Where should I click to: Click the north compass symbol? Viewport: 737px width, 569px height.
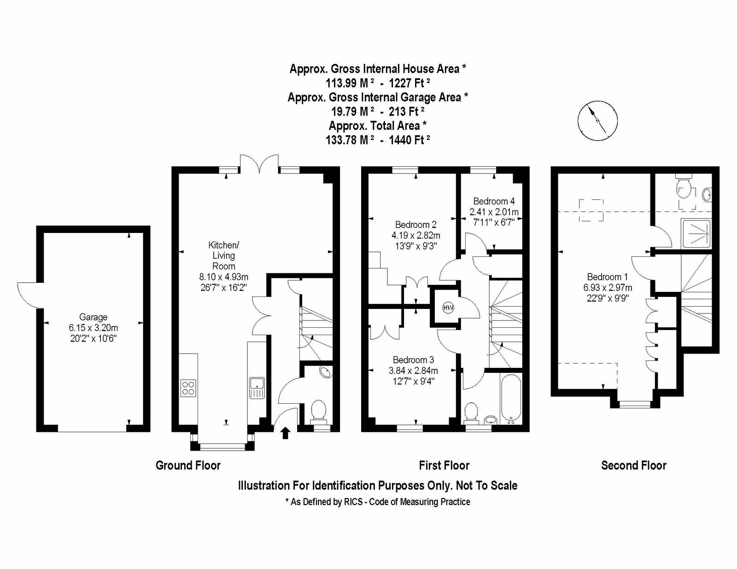(597, 121)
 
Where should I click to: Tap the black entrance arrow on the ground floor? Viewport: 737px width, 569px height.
(285, 433)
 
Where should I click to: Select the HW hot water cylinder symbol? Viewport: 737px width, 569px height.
(448, 308)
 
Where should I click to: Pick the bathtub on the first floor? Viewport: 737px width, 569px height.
(510, 399)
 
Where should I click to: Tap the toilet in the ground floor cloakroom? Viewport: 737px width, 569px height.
(318, 412)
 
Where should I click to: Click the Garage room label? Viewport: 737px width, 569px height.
(93, 317)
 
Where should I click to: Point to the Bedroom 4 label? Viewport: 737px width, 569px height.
(494, 201)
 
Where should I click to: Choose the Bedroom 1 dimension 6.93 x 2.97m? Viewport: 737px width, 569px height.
(608, 288)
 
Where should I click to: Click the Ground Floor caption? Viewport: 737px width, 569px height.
(188, 465)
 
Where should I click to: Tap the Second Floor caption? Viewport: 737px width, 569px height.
(633, 465)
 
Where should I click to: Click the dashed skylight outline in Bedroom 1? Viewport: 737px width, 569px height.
(591, 210)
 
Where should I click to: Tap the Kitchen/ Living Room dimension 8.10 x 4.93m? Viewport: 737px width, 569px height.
(223, 277)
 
